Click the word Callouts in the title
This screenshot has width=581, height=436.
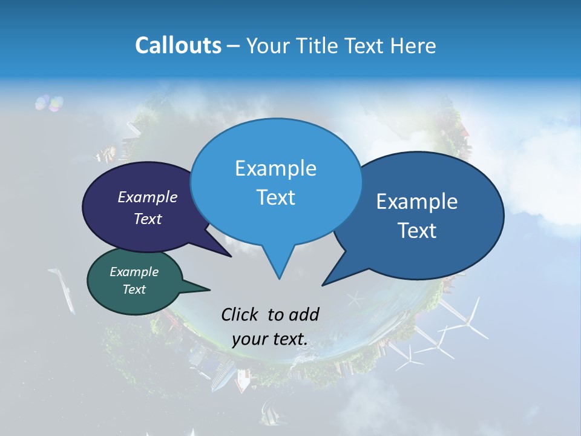click(x=178, y=45)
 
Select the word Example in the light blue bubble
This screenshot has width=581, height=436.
click(x=275, y=168)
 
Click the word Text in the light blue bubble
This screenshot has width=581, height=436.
click(x=275, y=197)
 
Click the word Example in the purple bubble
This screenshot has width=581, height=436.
click(x=147, y=197)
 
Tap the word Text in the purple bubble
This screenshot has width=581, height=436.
click(x=147, y=219)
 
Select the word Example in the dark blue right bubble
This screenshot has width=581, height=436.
click(x=417, y=201)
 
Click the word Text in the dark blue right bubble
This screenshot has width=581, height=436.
click(x=417, y=230)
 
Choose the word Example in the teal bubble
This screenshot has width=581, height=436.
click(x=134, y=272)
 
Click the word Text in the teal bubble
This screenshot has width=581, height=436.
click(x=134, y=289)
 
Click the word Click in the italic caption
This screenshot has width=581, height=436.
click(x=240, y=314)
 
